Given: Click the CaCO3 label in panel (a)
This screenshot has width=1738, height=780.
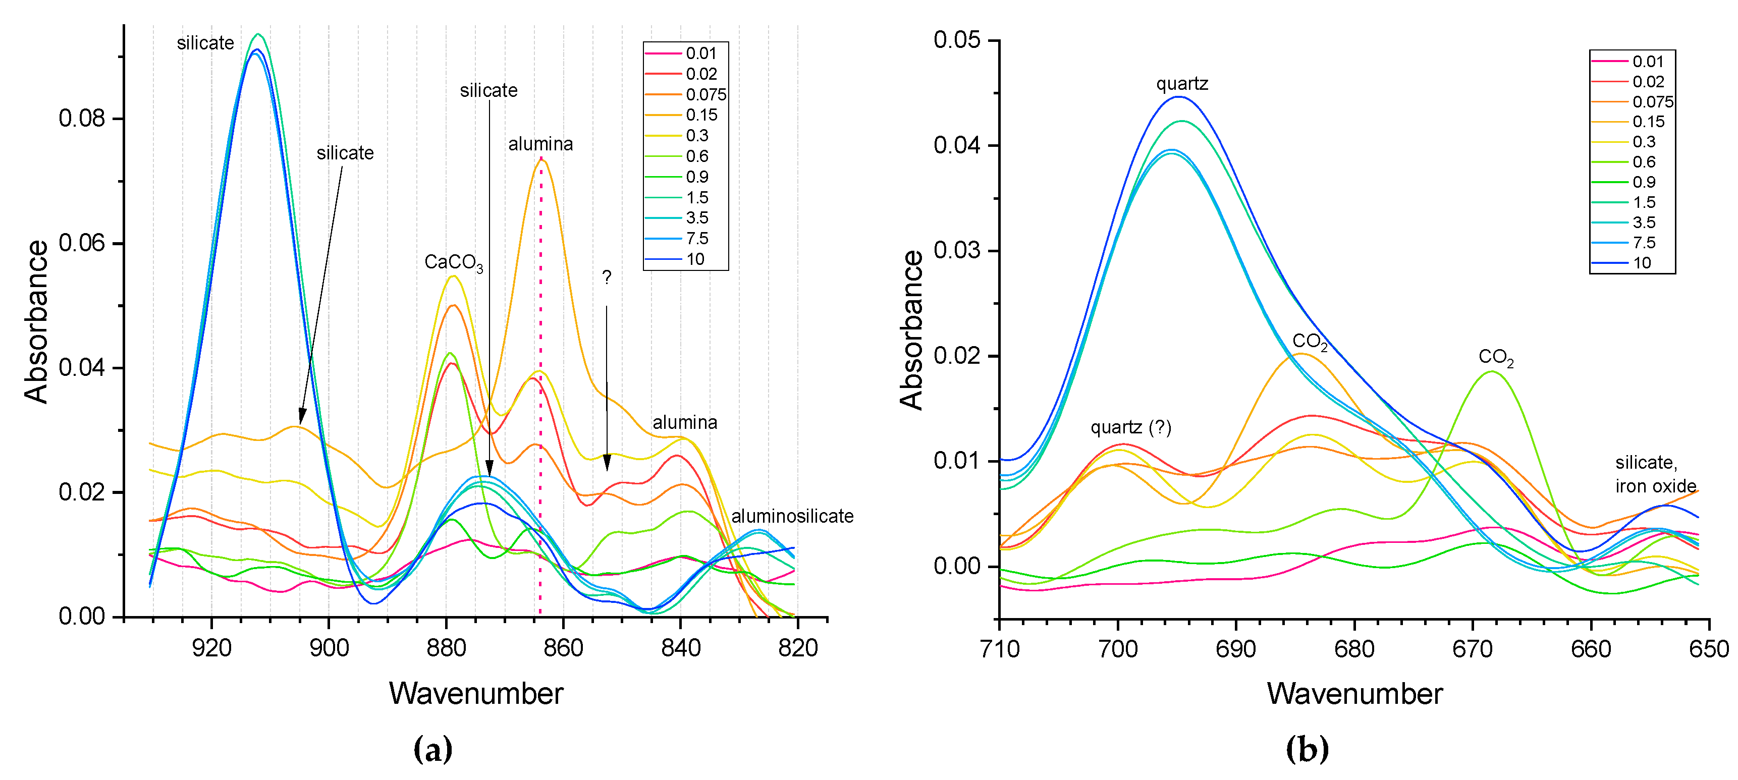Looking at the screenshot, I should tap(453, 262).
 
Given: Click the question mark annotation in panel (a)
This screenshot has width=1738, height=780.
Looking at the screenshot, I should tap(607, 277).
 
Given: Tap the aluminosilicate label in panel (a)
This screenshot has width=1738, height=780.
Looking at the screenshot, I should tap(792, 516).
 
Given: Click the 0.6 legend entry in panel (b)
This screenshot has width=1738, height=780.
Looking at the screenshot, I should tap(1644, 162).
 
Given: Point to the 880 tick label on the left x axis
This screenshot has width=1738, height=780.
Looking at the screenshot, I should tap(446, 648).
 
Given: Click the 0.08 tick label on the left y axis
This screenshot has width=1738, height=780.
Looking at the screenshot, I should tap(82, 119).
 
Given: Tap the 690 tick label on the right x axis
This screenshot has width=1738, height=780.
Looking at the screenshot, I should tap(1235, 649).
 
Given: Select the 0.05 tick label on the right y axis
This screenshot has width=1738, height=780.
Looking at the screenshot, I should tap(957, 40).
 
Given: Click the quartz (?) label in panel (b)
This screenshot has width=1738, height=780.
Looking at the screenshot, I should tap(1131, 428).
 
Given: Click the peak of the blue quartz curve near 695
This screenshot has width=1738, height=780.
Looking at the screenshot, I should tap(1178, 97).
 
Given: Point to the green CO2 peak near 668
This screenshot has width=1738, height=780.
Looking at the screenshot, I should tap(1491, 372).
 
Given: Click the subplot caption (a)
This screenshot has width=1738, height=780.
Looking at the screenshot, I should tap(432, 749).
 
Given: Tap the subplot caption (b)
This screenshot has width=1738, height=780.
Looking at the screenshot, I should tap(1307, 749).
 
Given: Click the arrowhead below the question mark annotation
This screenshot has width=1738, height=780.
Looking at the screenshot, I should tap(607, 464).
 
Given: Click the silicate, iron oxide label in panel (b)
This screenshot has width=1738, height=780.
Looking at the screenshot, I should tap(1655, 474).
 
